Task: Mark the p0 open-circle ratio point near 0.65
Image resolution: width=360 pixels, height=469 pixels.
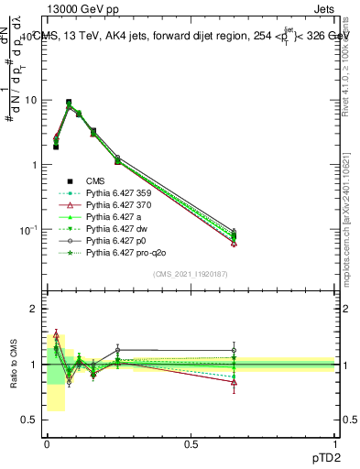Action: pyautogui.click(x=234, y=350)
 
